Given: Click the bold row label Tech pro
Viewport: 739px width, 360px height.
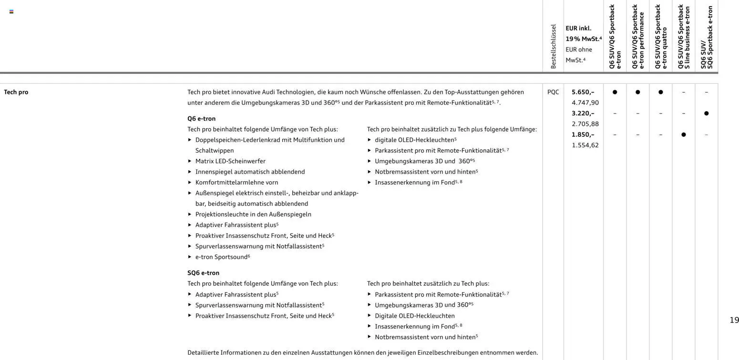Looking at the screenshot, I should (x=16, y=92).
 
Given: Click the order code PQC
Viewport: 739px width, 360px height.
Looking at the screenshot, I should (x=553, y=92).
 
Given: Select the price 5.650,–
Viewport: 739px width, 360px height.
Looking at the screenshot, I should (x=583, y=92).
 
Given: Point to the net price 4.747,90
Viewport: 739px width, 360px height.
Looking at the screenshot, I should (x=585, y=103).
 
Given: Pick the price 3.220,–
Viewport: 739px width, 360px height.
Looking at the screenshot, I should (x=583, y=113).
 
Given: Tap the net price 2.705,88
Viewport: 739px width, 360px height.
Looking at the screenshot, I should (x=585, y=124).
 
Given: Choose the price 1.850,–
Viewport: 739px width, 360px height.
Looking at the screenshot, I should (x=583, y=134).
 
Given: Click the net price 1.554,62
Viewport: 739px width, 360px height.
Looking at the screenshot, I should (x=585, y=145).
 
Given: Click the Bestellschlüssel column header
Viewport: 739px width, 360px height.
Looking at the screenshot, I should (x=554, y=46).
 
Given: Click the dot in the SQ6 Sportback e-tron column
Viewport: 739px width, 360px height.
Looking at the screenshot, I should (x=706, y=113).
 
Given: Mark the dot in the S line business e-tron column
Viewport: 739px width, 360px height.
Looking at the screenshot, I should (x=683, y=134).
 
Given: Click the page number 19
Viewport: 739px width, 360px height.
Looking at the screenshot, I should (x=734, y=320).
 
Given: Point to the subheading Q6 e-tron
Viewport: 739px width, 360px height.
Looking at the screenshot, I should (x=201, y=119).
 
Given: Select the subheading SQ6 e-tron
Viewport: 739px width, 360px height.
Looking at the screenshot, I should (x=203, y=273).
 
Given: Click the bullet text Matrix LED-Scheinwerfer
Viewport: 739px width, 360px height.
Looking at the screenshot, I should (x=230, y=161).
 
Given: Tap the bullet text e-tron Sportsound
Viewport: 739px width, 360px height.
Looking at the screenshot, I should (x=221, y=257).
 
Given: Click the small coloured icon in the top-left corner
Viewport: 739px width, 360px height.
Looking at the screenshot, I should (x=11, y=11).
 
